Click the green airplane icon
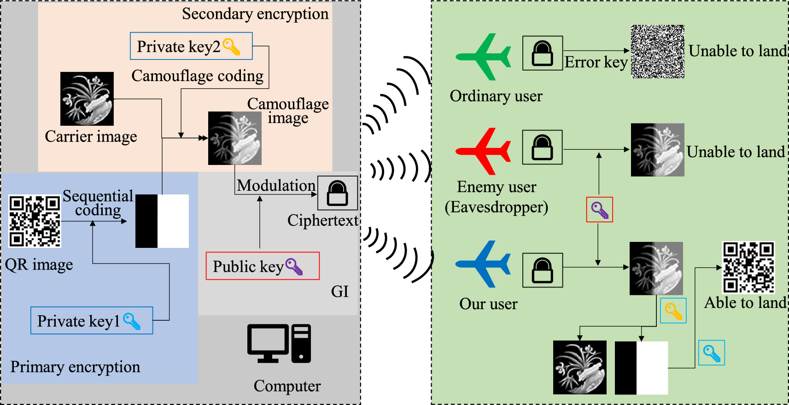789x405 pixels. click(483, 56)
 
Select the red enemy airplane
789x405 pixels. click(483, 151)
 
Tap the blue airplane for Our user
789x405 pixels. click(483, 264)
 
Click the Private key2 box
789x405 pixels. click(191, 46)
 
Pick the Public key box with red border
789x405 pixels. click(262, 266)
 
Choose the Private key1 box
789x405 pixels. click(92, 321)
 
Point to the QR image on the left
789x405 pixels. click(35, 221)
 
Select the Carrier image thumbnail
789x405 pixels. click(87, 99)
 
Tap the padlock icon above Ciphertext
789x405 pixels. click(337, 193)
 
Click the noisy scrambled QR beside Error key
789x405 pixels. click(657, 52)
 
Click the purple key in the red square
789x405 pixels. click(599, 210)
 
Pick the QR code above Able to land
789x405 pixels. click(748, 268)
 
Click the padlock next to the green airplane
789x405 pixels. click(542, 53)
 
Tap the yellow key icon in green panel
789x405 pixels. click(673, 311)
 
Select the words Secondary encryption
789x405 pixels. click(255, 14)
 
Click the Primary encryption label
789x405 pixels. click(75, 367)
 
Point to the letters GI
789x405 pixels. click(339, 292)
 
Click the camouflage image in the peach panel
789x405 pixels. click(235, 138)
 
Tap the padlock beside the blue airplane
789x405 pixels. click(542, 270)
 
